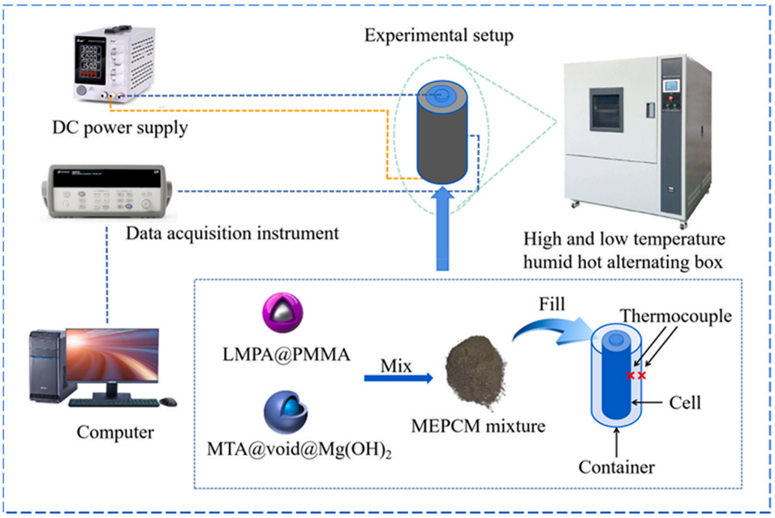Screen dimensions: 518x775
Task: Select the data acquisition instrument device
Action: pos(103,192)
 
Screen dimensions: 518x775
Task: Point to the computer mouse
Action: pos(169,400)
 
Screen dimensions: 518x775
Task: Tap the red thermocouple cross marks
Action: pos(635,376)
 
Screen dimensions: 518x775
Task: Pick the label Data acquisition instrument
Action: pos(231,234)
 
